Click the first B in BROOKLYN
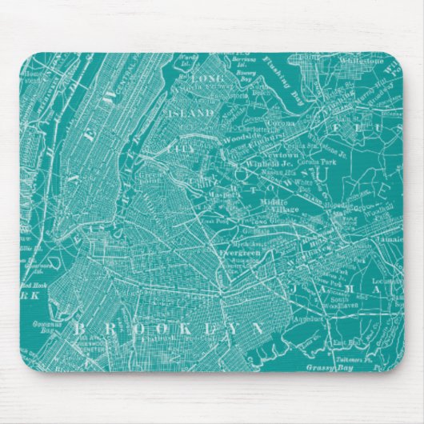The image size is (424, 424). [80, 329]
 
